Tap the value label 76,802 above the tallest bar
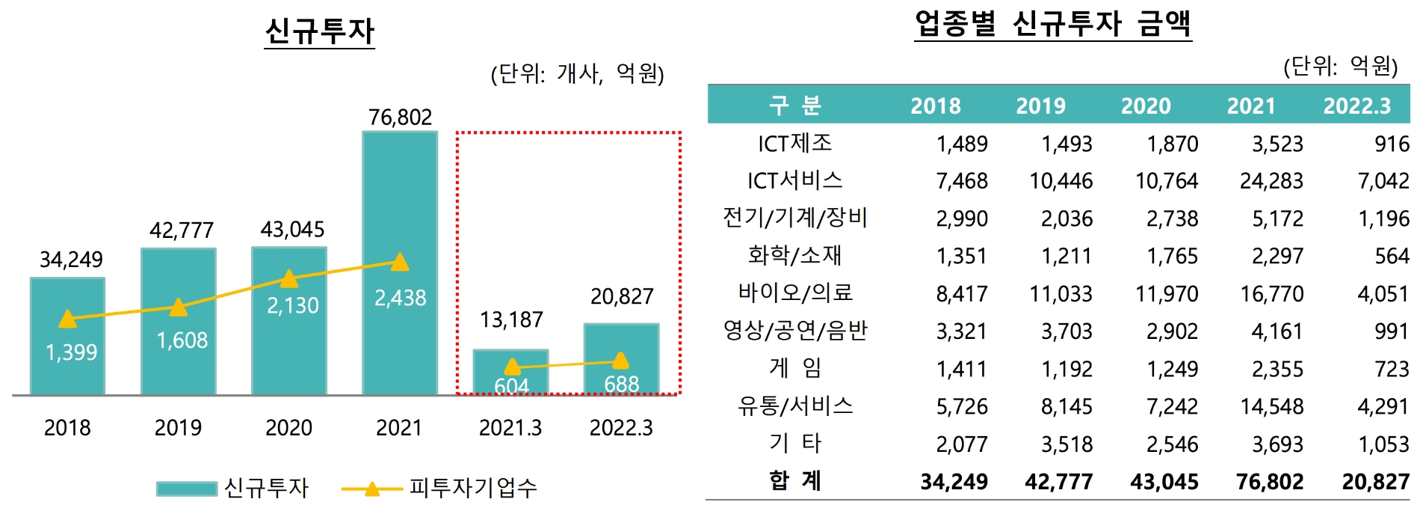[x=400, y=117]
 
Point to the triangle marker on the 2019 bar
[x=178, y=307]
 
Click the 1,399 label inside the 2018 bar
[x=71, y=352]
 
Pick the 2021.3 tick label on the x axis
[x=510, y=428]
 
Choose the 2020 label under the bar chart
[x=289, y=428]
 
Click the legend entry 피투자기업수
[x=473, y=488]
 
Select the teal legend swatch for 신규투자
[x=186, y=489]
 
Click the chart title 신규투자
[x=319, y=31]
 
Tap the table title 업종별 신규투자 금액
[x=1052, y=24]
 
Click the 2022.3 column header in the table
[x=1356, y=105]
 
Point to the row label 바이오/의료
[x=795, y=293]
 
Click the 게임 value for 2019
[x=1066, y=369]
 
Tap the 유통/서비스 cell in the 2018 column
[x=961, y=406]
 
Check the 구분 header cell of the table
[x=795, y=105]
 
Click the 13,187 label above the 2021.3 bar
[x=511, y=320]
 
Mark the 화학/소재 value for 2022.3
[x=1391, y=256]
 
